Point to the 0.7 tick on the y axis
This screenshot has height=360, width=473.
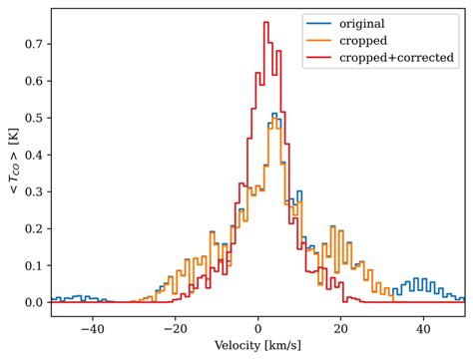(x=33, y=44)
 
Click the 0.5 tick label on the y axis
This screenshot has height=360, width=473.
(x=33, y=118)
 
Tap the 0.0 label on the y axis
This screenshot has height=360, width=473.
(x=33, y=302)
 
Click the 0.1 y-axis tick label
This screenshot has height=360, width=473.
(x=33, y=265)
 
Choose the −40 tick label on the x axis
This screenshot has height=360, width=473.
(x=92, y=327)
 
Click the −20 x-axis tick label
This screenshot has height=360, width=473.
(x=175, y=327)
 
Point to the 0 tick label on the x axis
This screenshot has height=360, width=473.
(x=257, y=327)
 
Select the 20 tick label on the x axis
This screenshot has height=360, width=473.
(x=340, y=327)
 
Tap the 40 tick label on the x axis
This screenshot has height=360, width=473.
(x=423, y=327)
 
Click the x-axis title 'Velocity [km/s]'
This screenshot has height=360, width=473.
(x=257, y=346)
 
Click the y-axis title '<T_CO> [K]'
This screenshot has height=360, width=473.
(x=12, y=161)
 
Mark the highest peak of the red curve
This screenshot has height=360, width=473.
(x=265, y=23)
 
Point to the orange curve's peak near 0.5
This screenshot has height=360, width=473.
(x=273, y=116)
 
